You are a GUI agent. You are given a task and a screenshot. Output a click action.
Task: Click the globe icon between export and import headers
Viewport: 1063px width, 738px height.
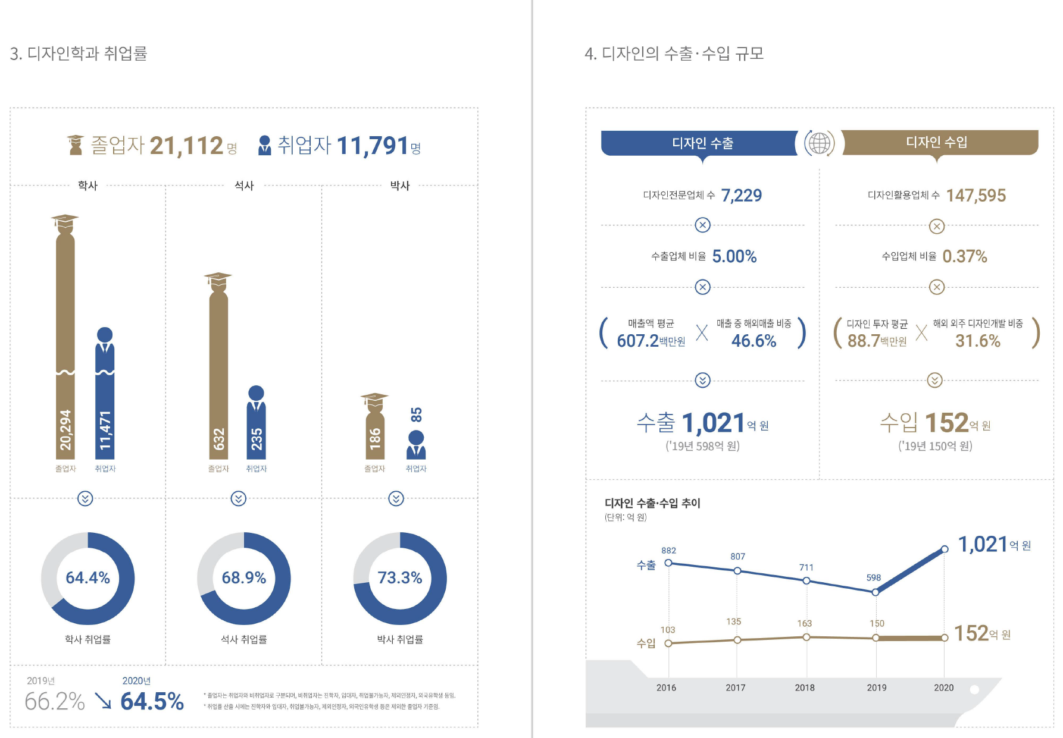tap(820, 143)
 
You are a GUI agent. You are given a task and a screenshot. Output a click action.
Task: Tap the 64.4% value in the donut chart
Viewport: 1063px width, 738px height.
tap(87, 577)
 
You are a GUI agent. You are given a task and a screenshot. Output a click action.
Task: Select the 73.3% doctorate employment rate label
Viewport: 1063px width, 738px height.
tap(399, 577)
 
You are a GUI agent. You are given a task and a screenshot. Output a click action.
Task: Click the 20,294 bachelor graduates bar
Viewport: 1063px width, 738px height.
tap(65, 357)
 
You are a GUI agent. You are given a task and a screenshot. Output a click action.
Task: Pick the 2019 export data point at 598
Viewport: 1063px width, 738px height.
tap(876, 592)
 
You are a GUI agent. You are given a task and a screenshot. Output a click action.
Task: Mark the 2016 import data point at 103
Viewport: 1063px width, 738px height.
tap(668, 643)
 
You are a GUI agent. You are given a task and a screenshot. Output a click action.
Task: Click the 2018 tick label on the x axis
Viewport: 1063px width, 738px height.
tap(805, 687)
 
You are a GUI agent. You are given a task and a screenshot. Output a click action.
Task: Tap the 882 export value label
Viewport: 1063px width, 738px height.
tap(668, 551)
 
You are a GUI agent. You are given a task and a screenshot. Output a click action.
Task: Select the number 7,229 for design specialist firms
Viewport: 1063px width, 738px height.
tap(742, 195)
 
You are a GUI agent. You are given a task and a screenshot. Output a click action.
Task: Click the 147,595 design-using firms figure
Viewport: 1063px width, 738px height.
tap(976, 195)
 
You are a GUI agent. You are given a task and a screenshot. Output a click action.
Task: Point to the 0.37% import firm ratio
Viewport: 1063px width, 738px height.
tap(965, 256)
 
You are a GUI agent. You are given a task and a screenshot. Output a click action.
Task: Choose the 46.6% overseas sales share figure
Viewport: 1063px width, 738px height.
tap(754, 341)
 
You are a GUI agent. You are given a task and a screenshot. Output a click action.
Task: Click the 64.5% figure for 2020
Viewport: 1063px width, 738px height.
tap(152, 702)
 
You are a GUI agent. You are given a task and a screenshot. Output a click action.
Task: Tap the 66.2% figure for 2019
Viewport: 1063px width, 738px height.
tap(55, 702)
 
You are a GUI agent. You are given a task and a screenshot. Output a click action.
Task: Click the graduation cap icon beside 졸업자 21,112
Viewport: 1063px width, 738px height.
tap(76, 145)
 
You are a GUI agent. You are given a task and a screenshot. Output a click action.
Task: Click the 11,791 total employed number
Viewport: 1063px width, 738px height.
tap(373, 146)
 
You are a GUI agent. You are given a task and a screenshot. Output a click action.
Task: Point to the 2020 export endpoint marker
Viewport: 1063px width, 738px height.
tap(945, 549)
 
